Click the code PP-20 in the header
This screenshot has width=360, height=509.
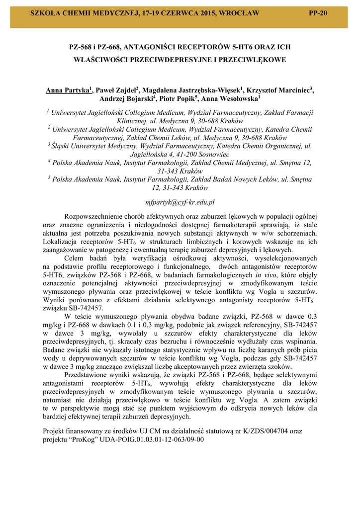(x=318, y=13)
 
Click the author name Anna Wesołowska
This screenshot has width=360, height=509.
(x=230, y=99)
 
